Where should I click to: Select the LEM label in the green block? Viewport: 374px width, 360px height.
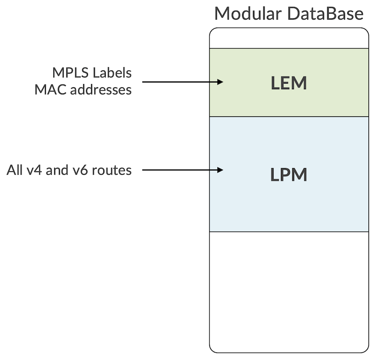click(x=289, y=83)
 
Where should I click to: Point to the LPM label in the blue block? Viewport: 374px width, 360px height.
click(x=289, y=174)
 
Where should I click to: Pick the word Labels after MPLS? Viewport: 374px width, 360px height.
click(x=112, y=73)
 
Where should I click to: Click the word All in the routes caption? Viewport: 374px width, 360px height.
click(x=14, y=170)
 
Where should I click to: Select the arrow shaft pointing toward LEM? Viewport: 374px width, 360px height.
click(x=178, y=82)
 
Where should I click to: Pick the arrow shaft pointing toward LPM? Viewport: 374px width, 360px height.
click(x=178, y=170)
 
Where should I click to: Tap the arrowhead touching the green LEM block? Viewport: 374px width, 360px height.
click(x=220, y=82)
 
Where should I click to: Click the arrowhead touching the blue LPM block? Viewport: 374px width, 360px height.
click(x=220, y=170)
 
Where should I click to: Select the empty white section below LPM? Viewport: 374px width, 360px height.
click(x=289, y=289)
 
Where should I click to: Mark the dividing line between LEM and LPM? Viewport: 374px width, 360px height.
click(x=289, y=116)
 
